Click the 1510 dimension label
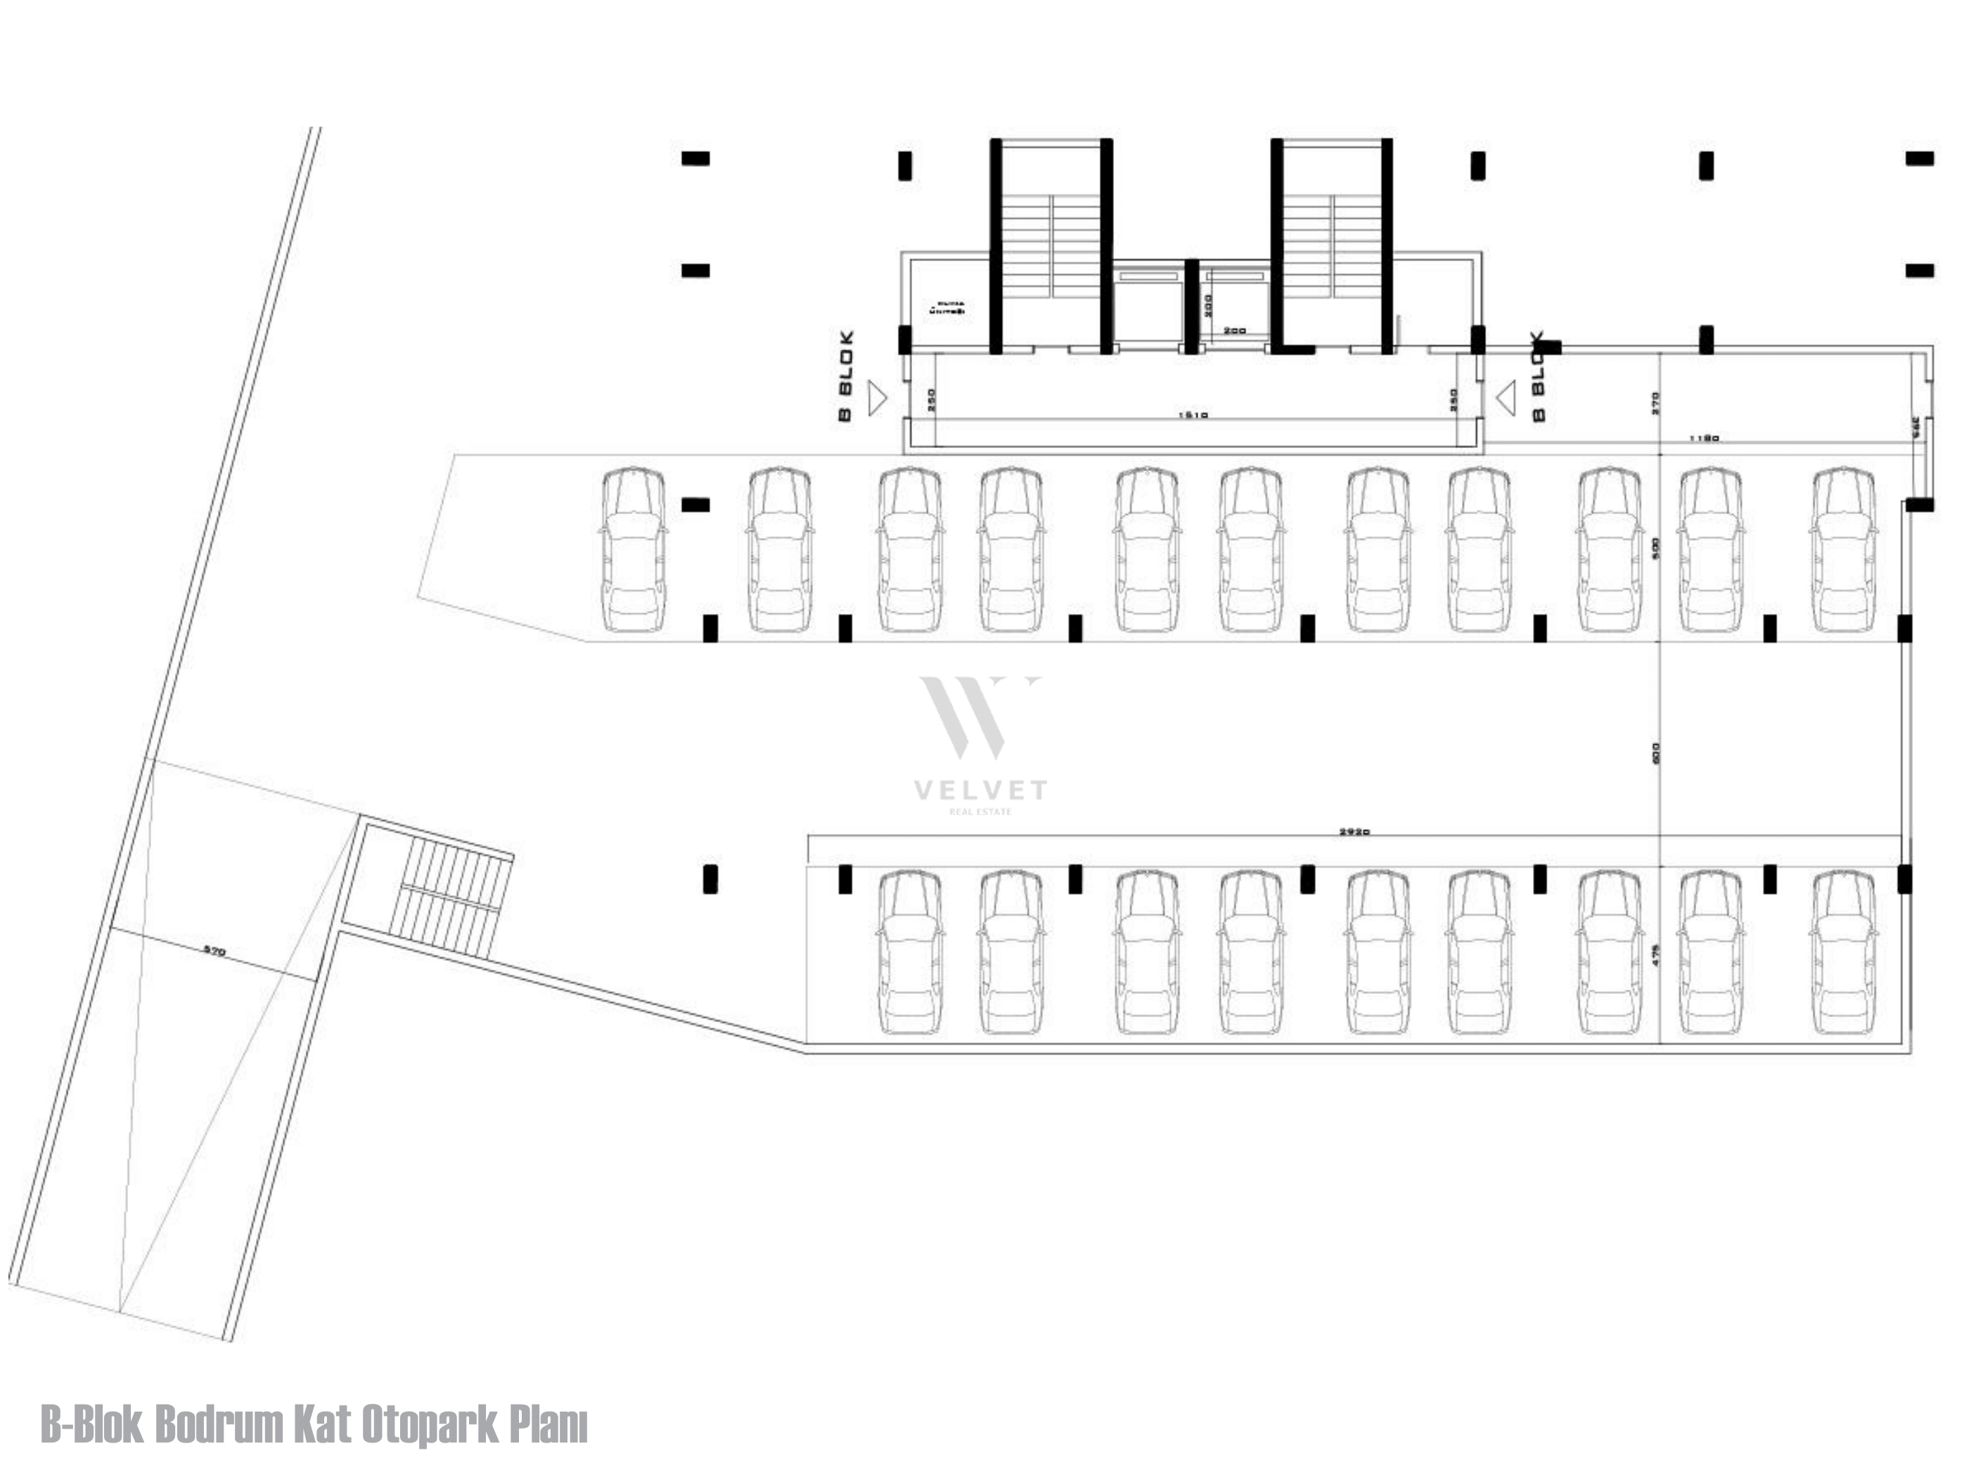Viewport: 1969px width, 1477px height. (x=1192, y=415)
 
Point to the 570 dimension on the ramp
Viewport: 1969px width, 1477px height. (x=214, y=951)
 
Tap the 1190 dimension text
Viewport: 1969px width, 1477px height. (x=1704, y=438)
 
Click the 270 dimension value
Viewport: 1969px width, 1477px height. (x=1655, y=403)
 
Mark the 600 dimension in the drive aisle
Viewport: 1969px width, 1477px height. (x=1655, y=753)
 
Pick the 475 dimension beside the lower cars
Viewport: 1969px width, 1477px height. (x=1655, y=954)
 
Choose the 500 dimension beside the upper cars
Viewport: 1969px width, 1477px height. (x=1655, y=547)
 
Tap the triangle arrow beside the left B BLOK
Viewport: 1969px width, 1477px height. (x=877, y=398)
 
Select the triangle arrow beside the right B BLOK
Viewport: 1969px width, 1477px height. (x=1506, y=398)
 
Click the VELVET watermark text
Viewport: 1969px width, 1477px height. (x=980, y=790)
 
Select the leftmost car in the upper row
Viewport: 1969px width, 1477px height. (x=633, y=549)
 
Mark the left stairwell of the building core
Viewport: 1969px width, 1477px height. (x=1051, y=245)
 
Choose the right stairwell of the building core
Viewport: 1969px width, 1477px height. (x=1332, y=245)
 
